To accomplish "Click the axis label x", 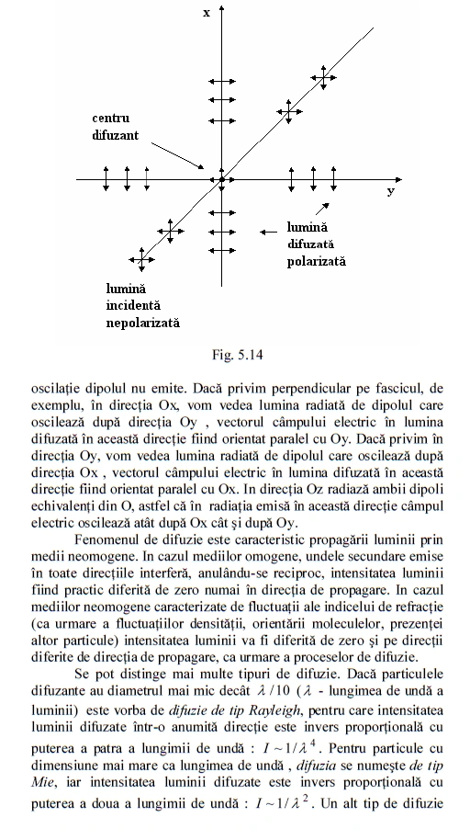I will [x=207, y=13].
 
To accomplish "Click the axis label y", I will [x=389, y=191].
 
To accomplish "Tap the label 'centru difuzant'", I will [x=117, y=127].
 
